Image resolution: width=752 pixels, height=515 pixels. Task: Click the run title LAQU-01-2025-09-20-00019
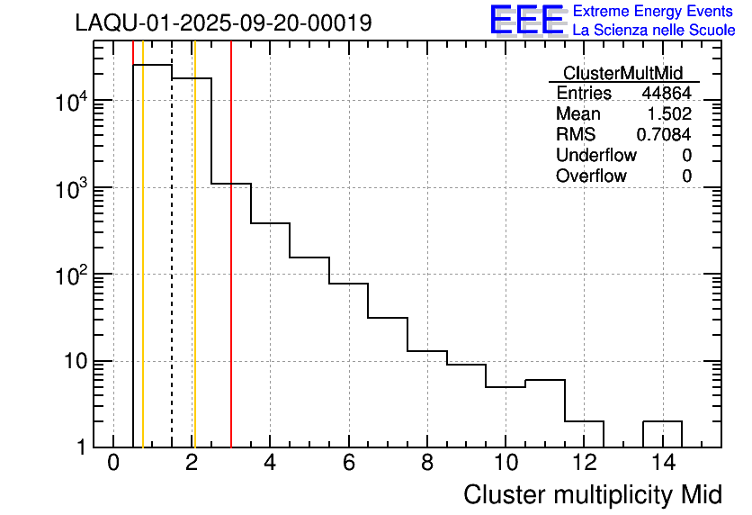pyautogui.click(x=223, y=23)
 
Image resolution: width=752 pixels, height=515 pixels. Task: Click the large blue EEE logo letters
pyautogui.click(x=527, y=21)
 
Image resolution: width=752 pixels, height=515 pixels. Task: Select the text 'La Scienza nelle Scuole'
pyautogui.click(x=654, y=31)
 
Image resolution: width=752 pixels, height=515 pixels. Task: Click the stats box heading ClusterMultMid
pyautogui.click(x=622, y=73)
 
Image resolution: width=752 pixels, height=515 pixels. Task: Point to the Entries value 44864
pyautogui.click(x=667, y=94)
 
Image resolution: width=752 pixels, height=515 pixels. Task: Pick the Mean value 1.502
pyautogui.click(x=669, y=114)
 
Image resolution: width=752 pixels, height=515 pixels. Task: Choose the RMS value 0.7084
pyautogui.click(x=664, y=135)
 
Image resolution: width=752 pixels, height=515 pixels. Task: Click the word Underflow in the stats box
pyautogui.click(x=596, y=156)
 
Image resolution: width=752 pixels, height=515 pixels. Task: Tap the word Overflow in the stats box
pyautogui.click(x=591, y=176)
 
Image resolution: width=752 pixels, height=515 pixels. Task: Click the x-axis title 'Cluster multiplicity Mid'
pyautogui.click(x=592, y=494)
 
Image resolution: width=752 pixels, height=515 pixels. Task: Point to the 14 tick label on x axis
pyautogui.click(x=662, y=464)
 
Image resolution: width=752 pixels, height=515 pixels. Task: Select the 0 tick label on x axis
pyautogui.click(x=113, y=464)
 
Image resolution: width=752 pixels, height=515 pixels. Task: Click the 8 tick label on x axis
pyautogui.click(x=427, y=464)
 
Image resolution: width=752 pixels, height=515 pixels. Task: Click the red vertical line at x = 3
pyautogui.click(x=231, y=270)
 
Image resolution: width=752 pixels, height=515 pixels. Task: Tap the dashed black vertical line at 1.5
pyautogui.click(x=172, y=270)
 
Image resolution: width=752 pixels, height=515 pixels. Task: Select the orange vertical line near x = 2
pyautogui.click(x=194, y=270)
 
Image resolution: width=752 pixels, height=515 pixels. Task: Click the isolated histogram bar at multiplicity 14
pyautogui.click(x=662, y=433)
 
